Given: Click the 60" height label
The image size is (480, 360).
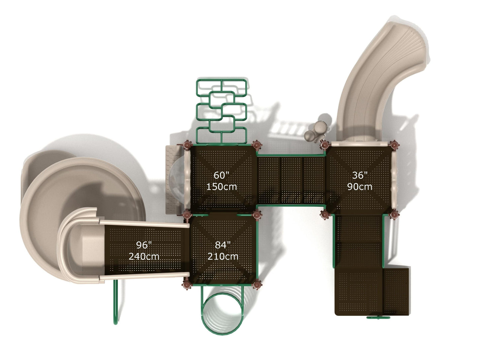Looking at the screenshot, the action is (x=221, y=175).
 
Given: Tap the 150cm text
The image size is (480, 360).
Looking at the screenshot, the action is (x=222, y=187).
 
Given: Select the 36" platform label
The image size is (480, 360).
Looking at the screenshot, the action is (x=360, y=175).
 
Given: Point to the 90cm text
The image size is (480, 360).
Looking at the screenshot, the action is (x=360, y=187).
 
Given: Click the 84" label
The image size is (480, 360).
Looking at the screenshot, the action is (x=223, y=245).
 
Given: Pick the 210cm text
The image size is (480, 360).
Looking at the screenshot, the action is (x=223, y=256).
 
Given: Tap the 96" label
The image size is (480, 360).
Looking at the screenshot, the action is (x=144, y=245).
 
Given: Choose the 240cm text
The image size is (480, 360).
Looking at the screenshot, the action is (x=144, y=256).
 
